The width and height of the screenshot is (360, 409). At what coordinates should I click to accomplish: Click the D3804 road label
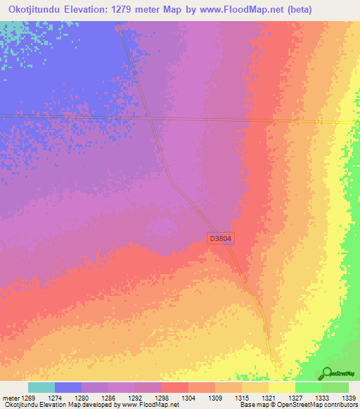coord(221,239)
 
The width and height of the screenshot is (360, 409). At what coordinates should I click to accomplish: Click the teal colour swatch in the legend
coord(41,387)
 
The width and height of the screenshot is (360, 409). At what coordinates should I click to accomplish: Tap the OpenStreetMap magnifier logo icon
coord(328,374)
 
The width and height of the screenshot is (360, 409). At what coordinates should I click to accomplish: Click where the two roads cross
coord(151,119)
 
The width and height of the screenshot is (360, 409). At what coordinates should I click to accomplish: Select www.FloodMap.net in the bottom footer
coord(146,405)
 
